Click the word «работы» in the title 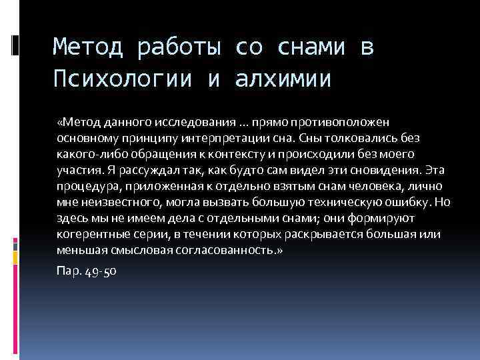pos(174,49)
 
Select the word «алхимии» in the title pos(283,79)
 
